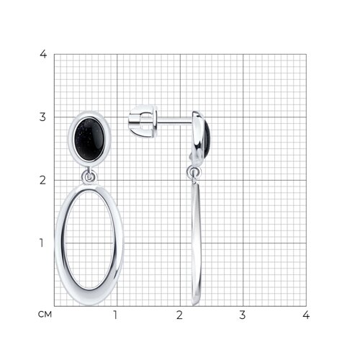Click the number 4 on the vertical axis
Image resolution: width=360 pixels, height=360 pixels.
[43, 54]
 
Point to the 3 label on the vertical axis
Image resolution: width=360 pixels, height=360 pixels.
[42, 117]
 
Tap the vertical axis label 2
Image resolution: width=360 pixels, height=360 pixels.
[42, 180]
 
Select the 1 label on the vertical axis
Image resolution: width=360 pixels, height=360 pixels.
[42, 243]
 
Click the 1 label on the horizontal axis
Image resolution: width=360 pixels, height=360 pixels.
[115, 315]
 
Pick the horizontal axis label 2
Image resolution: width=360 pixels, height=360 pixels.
[179, 315]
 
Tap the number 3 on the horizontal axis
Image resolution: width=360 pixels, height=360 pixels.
[243, 315]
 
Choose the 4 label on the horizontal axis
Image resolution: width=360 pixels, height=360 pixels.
[306, 315]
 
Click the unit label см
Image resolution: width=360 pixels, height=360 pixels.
[45, 315]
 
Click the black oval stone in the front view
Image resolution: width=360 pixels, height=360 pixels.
[89, 139]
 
